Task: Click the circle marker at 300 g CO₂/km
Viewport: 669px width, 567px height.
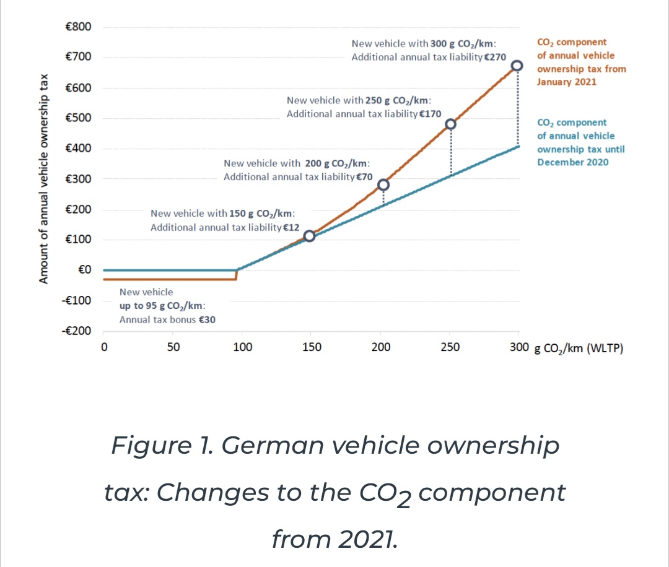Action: (x=517, y=66)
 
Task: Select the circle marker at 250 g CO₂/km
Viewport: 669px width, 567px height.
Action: (x=451, y=124)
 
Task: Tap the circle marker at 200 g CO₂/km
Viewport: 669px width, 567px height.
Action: (x=383, y=185)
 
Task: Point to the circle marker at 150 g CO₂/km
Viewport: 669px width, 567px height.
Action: (x=310, y=236)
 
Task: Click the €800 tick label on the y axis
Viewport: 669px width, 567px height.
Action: (x=78, y=27)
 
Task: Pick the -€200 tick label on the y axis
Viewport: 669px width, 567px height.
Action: (x=77, y=331)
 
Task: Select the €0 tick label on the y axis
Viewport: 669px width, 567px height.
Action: (x=85, y=270)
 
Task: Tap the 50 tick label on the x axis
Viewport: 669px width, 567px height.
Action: (x=173, y=347)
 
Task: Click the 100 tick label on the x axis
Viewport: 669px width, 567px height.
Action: (x=242, y=347)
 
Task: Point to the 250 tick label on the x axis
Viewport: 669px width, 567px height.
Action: (x=450, y=347)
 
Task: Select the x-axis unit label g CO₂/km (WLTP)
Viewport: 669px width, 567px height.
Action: (x=578, y=348)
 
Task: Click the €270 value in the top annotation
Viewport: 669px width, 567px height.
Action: (x=496, y=58)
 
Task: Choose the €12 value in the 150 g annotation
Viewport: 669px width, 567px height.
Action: (x=291, y=227)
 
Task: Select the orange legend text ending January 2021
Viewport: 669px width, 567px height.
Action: (x=581, y=62)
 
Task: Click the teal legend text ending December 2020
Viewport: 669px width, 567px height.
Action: (x=580, y=142)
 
